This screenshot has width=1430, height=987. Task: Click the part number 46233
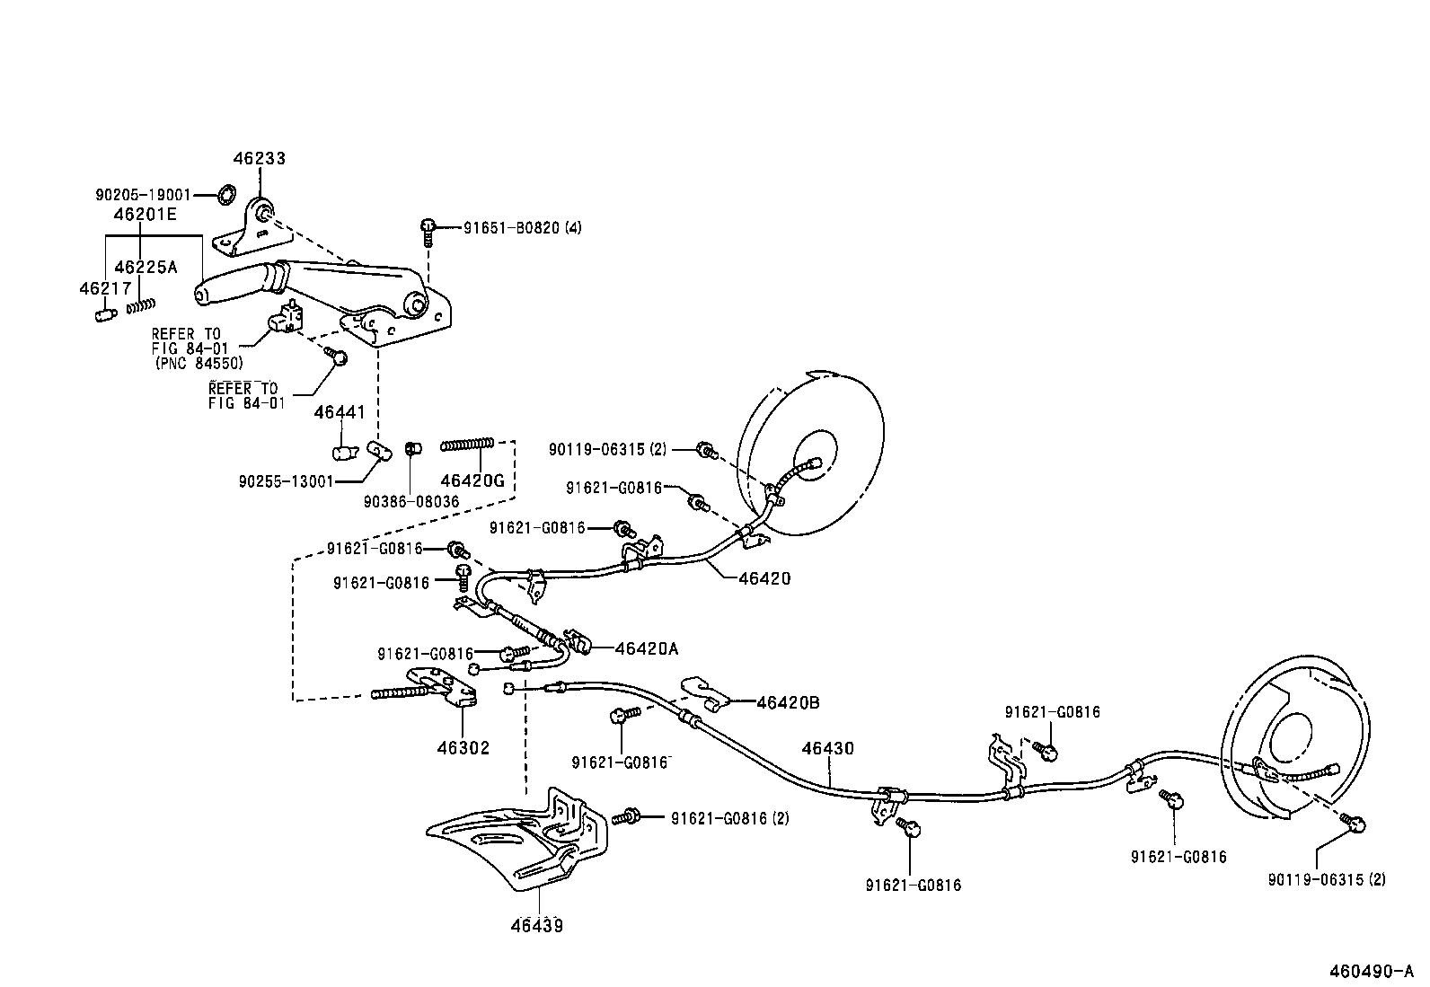click(259, 159)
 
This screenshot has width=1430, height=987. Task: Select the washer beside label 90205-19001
click(228, 194)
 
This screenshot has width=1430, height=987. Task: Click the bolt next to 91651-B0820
click(428, 230)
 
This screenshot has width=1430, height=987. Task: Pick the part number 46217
click(105, 288)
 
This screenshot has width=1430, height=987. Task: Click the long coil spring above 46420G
click(467, 445)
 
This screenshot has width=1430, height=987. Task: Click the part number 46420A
click(646, 648)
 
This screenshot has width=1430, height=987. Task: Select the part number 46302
click(463, 747)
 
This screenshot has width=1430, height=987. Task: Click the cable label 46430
click(827, 748)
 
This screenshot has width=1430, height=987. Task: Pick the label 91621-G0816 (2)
click(730, 818)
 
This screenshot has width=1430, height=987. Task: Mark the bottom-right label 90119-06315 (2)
click(1326, 880)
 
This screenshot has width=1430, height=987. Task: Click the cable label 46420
click(764, 578)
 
